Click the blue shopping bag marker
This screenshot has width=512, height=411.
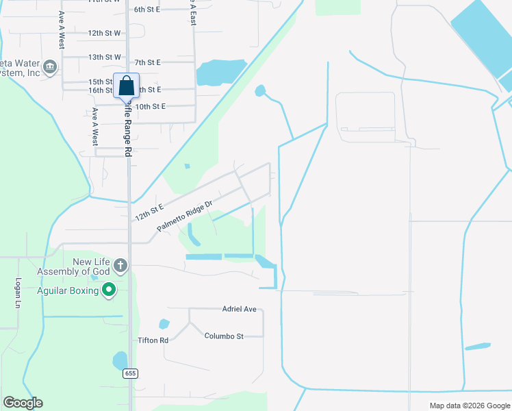(x=126, y=86)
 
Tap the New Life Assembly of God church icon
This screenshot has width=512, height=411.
(x=120, y=265)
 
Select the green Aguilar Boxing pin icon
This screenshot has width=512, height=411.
(x=108, y=291)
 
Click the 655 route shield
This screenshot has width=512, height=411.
(x=131, y=373)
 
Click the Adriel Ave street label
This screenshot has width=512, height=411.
(x=239, y=310)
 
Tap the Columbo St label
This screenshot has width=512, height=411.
(x=224, y=336)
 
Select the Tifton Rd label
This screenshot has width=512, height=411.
(x=153, y=340)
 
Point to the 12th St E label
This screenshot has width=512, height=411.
(x=149, y=212)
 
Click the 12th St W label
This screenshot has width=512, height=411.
(x=104, y=33)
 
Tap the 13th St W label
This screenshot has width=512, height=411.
(x=104, y=57)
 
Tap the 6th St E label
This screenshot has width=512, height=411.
(x=146, y=10)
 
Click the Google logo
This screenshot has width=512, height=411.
(x=23, y=403)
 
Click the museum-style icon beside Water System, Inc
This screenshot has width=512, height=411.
(x=49, y=67)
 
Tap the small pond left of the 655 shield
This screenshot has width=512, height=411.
(x=120, y=360)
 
